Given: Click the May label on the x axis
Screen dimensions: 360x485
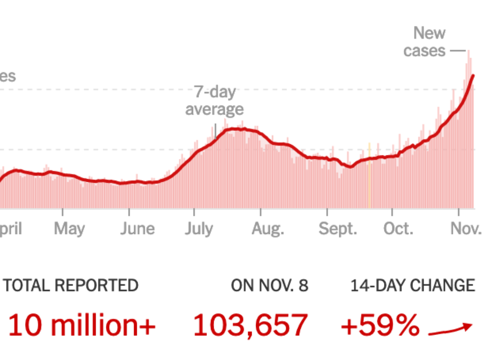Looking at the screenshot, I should [x=69, y=229].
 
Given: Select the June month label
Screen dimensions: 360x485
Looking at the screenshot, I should [x=138, y=229].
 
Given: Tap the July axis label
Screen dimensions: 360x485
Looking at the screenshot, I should [x=199, y=229].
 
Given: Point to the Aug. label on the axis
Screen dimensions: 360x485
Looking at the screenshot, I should [x=268, y=229].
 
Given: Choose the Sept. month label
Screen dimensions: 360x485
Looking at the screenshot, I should [x=338, y=229].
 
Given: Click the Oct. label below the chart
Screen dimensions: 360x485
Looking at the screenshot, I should [x=398, y=229].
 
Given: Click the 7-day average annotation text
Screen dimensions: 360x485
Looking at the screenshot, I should [x=215, y=101].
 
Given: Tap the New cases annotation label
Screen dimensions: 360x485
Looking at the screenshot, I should [x=425, y=42].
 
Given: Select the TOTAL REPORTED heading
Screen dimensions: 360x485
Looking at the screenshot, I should [x=71, y=285].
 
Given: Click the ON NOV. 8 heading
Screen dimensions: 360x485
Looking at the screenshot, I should [x=270, y=285].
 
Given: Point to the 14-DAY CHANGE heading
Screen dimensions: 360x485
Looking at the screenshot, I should [x=412, y=285].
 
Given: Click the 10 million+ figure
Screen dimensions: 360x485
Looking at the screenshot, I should [x=82, y=325].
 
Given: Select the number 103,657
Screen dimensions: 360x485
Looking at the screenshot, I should [x=250, y=325].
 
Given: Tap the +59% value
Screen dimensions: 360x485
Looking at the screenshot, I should [x=380, y=325].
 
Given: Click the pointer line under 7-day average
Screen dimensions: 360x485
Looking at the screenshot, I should [x=215, y=131].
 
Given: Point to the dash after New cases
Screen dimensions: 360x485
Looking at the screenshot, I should [x=458, y=50].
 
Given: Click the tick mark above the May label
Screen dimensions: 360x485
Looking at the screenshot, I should [x=63, y=212].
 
